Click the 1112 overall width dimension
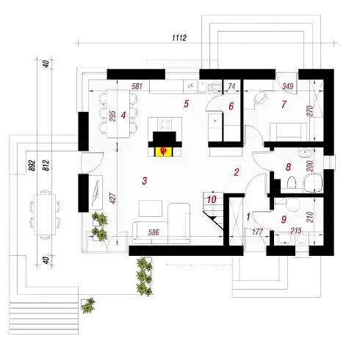pyautogui.click(x=179, y=37)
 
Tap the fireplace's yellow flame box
pyautogui.click(x=164, y=151)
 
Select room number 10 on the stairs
pyautogui.click(x=212, y=199)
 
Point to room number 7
pyautogui.click(x=284, y=104)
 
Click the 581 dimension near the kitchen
pyautogui.click(x=137, y=86)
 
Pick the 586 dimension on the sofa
pyautogui.click(x=154, y=232)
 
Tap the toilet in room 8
pyautogui.click(x=292, y=182)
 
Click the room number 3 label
pyautogui.click(x=145, y=181)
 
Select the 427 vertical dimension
pyautogui.click(x=112, y=198)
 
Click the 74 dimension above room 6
pyautogui.click(x=231, y=86)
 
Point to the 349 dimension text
pyautogui.click(x=288, y=86)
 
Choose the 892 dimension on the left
pyautogui.click(x=32, y=165)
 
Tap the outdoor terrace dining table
pyautogui.click(x=45, y=215)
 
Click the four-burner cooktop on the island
pyautogui.click(x=165, y=124)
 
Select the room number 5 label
pyautogui.click(x=187, y=104)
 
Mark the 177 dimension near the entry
pyautogui.click(x=257, y=232)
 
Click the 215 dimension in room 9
pyautogui.click(x=296, y=231)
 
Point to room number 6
pyautogui.click(x=231, y=106)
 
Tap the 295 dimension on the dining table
pyautogui.click(x=112, y=116)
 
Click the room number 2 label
pyautogui.click(x=237, y=172)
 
